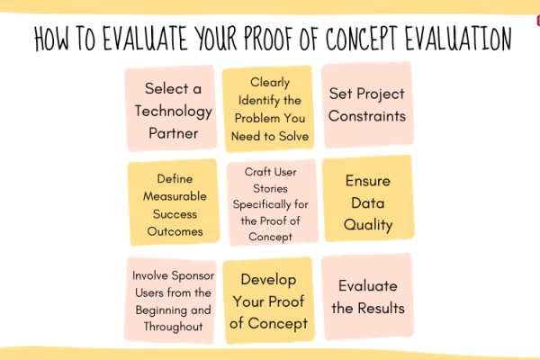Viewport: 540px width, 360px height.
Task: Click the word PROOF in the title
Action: click(x=267, y=38)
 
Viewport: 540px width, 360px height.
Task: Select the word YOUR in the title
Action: click(x=216, y=38)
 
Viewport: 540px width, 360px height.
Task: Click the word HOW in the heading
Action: click(x=51, y=38)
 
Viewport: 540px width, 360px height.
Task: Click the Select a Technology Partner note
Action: click(x=171, y=108)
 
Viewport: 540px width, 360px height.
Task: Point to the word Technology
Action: click(x=173, y=112)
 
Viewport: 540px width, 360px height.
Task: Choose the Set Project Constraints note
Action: click(x=367, y=104)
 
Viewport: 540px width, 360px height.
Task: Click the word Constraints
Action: click(x=367, y=116)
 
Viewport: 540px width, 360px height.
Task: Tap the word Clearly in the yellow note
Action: click(x=270, y=83)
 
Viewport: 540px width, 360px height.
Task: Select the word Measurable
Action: click(x=175, y=196)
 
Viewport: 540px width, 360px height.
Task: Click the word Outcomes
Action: click(x=175, y=231)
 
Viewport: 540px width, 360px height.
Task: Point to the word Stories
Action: click(x=270, y=188)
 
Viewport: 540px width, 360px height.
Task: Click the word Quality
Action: click(x=368, y=225)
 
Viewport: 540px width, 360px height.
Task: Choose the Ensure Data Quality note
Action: click(x=368, y=198)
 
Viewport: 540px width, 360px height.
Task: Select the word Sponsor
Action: click(x=193, y=276)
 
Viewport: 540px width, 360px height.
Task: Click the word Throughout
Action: click(x=173, y=327)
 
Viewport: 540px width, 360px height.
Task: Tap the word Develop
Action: click(x=268, y=280)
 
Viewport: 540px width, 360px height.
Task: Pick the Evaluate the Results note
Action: click(x=367, y=297)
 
